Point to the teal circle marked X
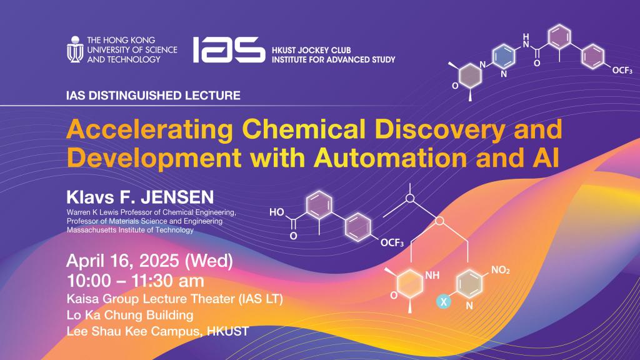point(444,301)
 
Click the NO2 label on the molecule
point(501,271)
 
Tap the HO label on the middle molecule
point(276,212)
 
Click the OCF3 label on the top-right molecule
point(624,71)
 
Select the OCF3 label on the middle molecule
point(392,242)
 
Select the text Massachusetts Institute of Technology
point(130,230)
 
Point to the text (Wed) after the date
point(211,261)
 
